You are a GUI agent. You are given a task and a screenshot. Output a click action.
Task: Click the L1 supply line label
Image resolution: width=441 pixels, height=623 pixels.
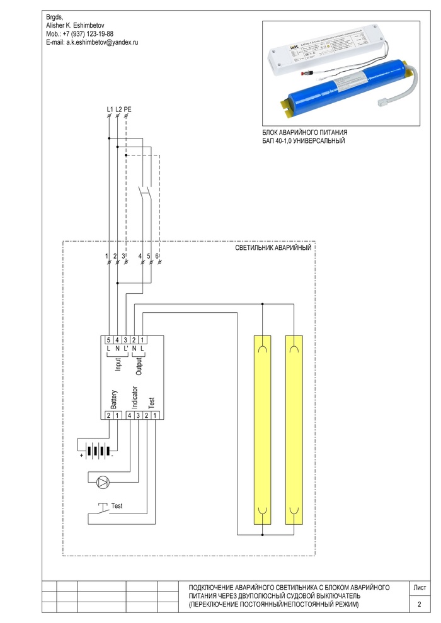110,109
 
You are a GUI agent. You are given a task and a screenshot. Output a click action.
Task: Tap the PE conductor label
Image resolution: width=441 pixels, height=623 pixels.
128,109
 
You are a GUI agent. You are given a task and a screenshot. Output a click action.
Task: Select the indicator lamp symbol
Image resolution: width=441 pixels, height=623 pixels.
102,483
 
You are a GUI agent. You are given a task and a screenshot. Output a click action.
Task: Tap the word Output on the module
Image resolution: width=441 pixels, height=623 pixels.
139,367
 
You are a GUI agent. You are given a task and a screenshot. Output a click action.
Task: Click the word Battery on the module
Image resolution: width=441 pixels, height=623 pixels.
114,398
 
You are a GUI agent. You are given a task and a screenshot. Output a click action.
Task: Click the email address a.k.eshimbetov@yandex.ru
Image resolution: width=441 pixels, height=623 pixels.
92,42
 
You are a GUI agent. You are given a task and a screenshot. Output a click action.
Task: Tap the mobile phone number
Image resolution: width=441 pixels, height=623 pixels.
80,33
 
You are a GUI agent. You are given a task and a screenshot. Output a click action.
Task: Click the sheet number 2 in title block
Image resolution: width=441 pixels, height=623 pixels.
420,605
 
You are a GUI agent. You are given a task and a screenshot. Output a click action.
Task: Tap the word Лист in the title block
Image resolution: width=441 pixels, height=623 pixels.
420,587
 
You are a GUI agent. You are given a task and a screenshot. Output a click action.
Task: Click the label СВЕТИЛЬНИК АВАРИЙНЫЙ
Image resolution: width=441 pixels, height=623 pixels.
273,249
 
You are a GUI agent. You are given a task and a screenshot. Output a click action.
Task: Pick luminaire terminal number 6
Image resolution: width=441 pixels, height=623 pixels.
157,256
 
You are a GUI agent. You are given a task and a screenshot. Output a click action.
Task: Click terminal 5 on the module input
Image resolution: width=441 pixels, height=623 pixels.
109,340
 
